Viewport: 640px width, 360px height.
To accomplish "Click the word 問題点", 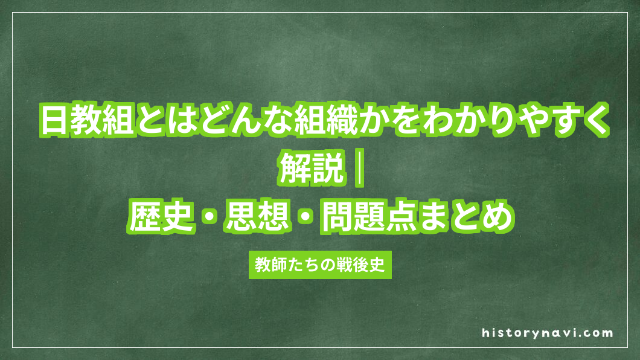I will (371, 216).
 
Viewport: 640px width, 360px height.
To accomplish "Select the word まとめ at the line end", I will (470, 216).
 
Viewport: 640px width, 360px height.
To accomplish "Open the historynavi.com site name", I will (548, 333).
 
